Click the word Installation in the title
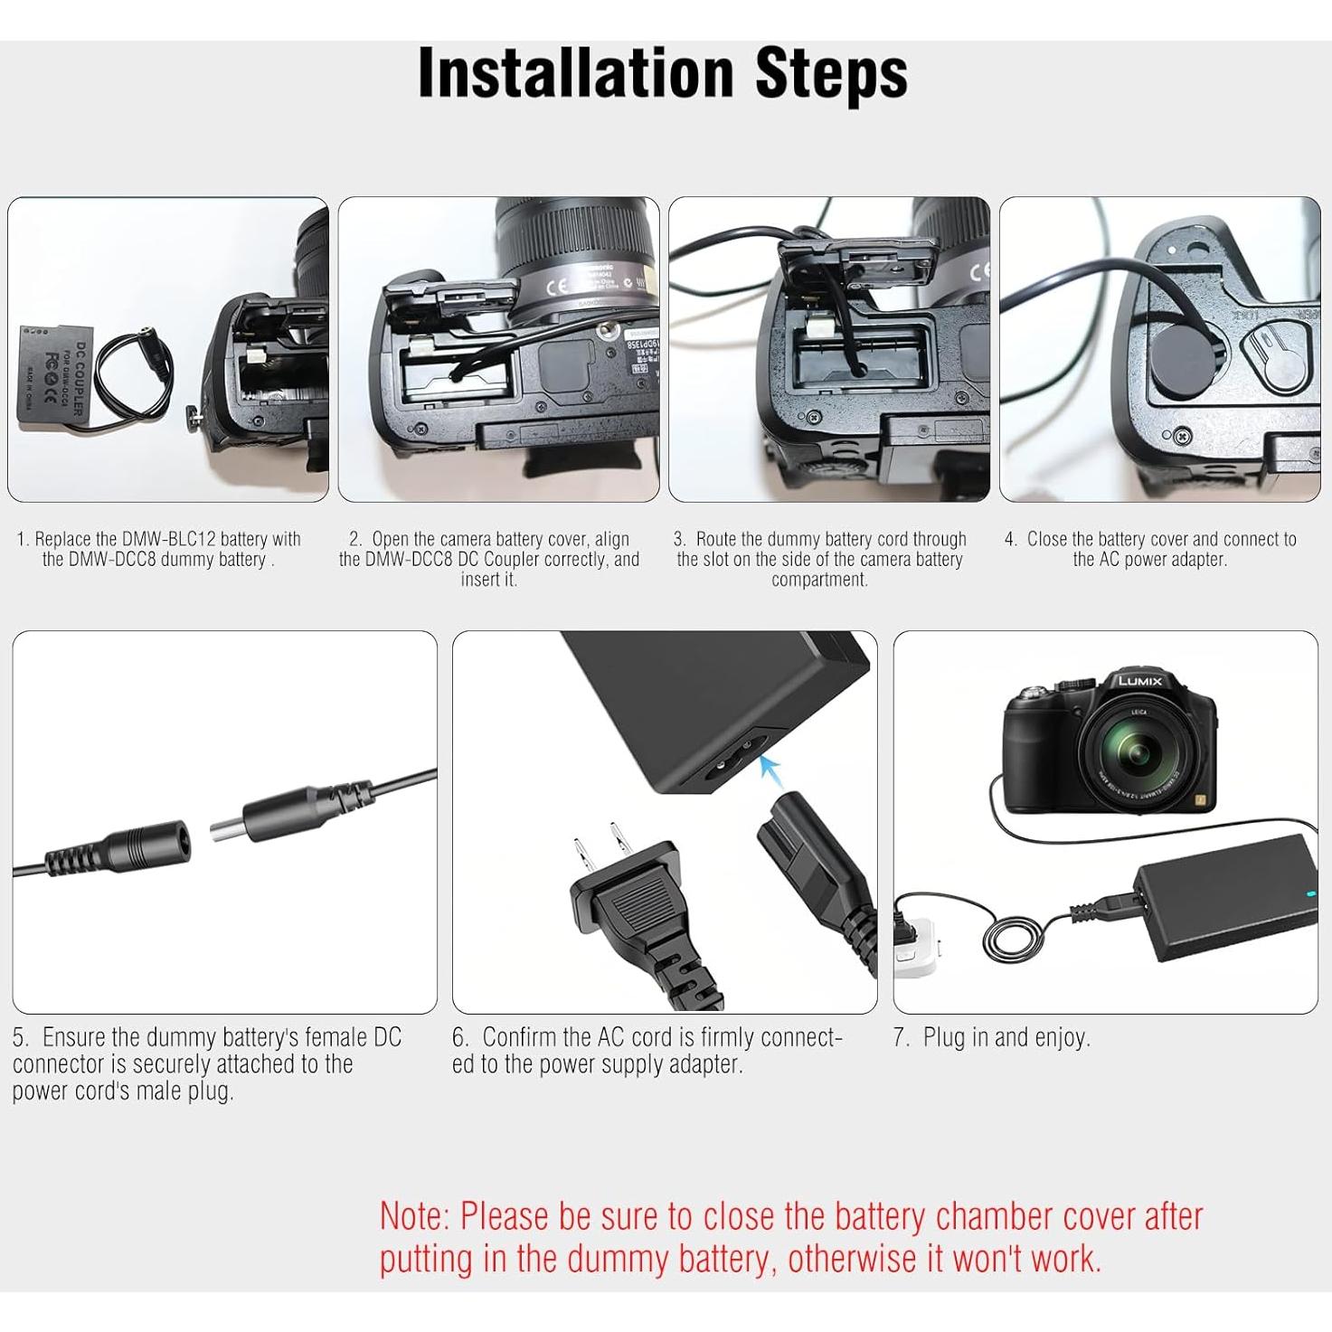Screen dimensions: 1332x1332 point(579,74)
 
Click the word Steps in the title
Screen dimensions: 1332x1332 point(831,74)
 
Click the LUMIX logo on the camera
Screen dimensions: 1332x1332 point(1139,680)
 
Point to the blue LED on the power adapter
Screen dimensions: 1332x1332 point(1309,895)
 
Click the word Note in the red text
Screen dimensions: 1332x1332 point(414,1217)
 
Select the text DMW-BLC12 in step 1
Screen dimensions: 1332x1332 point(168,540)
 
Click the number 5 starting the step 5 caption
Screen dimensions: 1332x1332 point(20,1037)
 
